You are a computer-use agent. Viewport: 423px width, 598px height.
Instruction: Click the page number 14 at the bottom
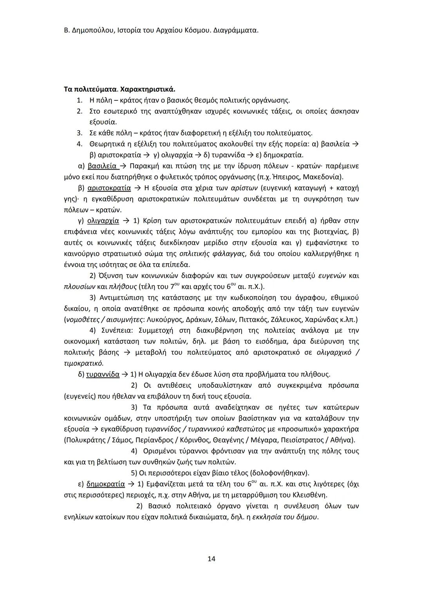[x=211, y=558]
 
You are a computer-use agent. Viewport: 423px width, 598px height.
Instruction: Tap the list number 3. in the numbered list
[x=79, y=133]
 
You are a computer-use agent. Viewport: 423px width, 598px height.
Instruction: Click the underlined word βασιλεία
[x=102, y=166]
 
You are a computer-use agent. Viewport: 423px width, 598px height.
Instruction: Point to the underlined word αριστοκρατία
[x=108, y=188]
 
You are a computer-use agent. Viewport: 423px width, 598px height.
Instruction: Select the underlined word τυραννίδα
[x=103, y=374]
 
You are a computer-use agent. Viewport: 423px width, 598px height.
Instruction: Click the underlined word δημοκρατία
[x=105, y=484]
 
